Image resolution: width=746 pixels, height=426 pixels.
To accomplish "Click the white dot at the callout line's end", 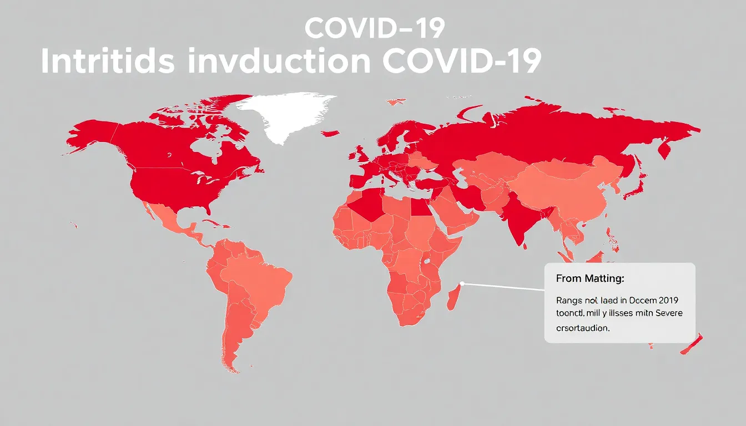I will click(462, 284).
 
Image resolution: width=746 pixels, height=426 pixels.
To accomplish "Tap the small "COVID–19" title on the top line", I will click(374, 29).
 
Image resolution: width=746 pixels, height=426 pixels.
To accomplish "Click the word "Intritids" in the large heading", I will click(108, 62).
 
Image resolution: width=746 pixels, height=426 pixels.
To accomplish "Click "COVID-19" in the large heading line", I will click(461, 62).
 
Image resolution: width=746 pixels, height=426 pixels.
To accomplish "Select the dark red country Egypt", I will click(419, 208).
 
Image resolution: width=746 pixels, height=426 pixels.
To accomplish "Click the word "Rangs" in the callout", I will click(569, 301).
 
